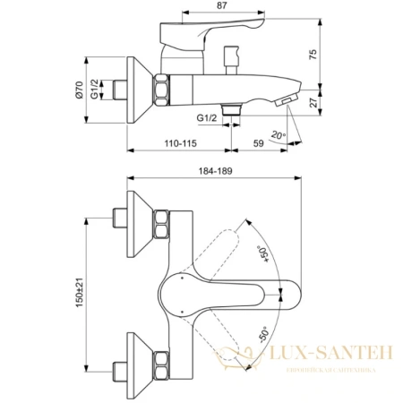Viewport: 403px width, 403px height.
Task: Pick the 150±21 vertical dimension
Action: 81,289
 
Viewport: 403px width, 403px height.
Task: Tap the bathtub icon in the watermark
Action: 234,358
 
